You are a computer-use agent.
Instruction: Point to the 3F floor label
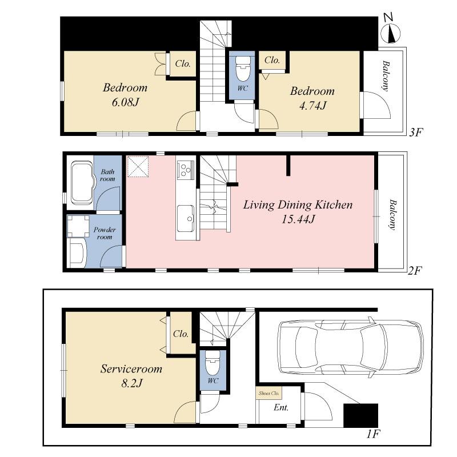[415, 133]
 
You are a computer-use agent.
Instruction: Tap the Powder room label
[105, 233]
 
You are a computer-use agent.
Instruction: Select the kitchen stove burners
[186, 169]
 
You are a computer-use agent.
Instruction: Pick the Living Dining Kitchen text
[298, 205]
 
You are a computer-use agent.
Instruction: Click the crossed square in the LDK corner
[137, 166]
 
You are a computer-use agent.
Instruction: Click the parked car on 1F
[350, 348]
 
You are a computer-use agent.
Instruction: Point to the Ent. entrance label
[280, 408]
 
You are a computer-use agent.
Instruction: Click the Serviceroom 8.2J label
[131, 375]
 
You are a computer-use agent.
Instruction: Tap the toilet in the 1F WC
[213, 363]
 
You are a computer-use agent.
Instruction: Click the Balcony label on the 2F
[393, 214]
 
